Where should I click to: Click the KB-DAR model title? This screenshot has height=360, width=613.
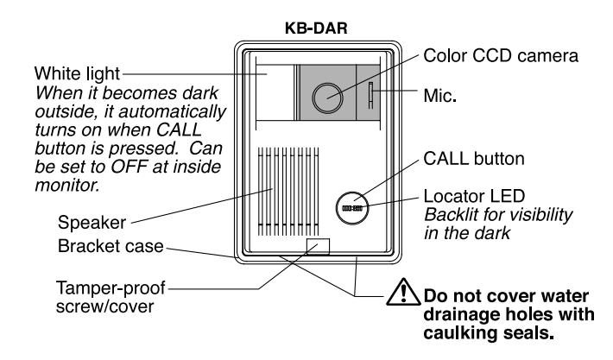(x=316, y=28)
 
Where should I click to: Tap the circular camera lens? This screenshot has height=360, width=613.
(x=327, y=98)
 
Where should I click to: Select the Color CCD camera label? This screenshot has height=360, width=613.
(x=501, y=56)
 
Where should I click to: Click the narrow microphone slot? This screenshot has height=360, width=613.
(x=370, y=95)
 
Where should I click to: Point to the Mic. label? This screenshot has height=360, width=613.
(x=439, y=95)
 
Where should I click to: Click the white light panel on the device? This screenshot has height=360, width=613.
(x=275, y=92)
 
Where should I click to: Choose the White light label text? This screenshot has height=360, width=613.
(x=77, y=73)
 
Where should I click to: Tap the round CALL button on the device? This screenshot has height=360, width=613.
(x=352, y=208)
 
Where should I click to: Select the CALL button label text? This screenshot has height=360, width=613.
(x=474, y=159)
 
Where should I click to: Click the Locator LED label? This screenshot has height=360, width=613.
(x=474, y=196)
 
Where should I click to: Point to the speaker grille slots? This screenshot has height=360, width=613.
(x=288, y=192)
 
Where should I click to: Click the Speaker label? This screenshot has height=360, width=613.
(x=92, y=223)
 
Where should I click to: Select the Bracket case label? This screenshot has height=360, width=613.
(x=111, y=246)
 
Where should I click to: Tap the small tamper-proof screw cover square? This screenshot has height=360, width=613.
(x=318, y=247)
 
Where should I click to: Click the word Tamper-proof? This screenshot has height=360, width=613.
(x=111, y=288)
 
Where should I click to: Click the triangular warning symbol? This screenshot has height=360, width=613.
(x=403, y=292)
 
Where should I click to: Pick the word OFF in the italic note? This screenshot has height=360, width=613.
(x=129, y=167)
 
